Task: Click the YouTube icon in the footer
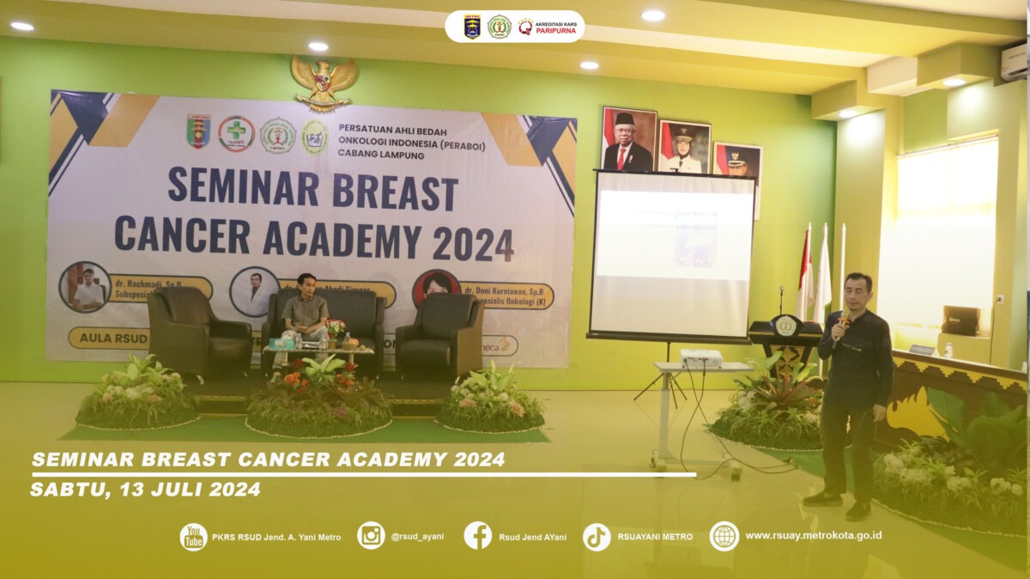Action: pos(193,537)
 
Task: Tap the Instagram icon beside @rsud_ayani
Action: pos(371,536)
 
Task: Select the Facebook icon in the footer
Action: pos(478,536)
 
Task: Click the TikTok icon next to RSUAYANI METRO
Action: pos(597,537)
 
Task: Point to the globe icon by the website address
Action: pos(724,536)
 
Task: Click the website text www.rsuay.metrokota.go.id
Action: pos(813,536)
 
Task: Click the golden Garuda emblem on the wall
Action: pos(324,82)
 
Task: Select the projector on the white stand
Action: pos(700,357)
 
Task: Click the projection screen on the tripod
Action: pos(673,254)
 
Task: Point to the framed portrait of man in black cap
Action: pos(628,139)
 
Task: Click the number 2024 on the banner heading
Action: pos(473,245)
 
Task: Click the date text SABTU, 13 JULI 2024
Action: pos(145,490)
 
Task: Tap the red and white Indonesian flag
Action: pos(805,273)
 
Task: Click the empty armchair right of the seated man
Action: pos(439,333)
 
